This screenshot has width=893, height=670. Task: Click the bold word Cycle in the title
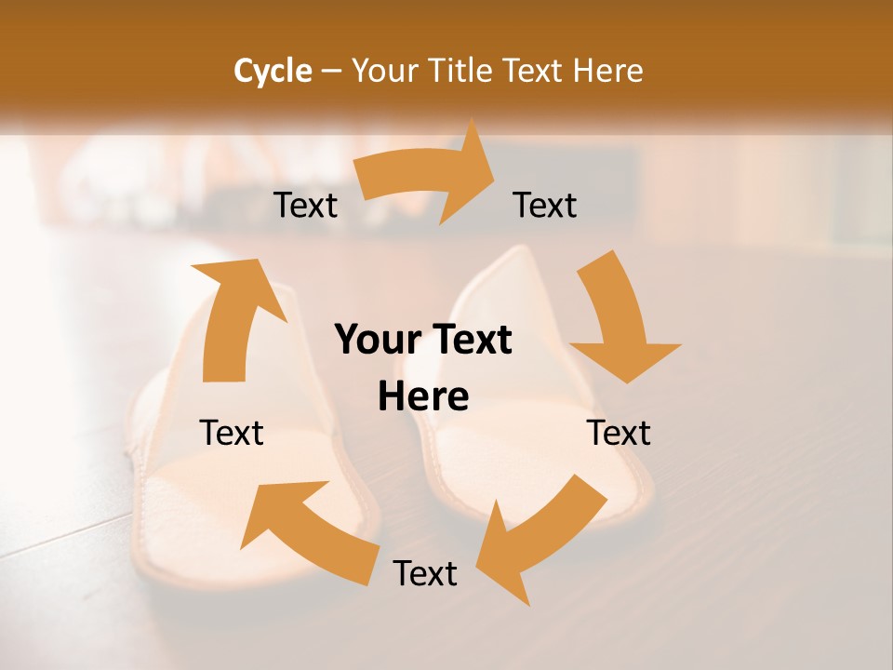click(273, 71)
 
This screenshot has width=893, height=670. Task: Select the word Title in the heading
click(464, 71)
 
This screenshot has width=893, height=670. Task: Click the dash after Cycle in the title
click(331, 71)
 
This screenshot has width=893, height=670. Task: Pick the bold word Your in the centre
click(376, 341)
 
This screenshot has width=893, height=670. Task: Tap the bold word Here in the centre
click(423, 397)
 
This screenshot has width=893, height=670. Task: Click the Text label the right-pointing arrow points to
click(545, 205)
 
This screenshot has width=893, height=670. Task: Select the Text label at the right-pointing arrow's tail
click(306, 205)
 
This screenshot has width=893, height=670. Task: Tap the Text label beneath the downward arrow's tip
click(619, 433)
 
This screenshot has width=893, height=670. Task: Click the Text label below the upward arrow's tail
click(232, 433)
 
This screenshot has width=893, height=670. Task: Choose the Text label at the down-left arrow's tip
click(425, 573)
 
